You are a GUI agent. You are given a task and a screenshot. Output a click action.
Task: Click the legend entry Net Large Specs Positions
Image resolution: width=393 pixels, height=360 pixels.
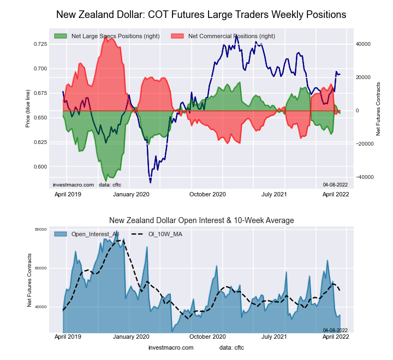coord(108,36)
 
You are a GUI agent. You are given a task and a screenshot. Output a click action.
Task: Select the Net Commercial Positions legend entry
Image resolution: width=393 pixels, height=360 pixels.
coord(231,36)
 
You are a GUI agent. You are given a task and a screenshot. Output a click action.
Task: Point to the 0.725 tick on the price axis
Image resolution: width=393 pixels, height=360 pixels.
coord(40,44)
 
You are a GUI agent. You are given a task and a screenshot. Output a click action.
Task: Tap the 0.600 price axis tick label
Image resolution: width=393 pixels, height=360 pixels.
coord(40,167)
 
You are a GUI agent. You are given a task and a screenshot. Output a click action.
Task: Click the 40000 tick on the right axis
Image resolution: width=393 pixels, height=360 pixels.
coord(364,44)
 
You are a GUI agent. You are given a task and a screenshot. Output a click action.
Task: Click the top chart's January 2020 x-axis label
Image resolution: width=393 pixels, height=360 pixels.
coord(131,194)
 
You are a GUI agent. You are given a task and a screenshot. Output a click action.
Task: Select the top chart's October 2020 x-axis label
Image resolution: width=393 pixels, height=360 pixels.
coord(207,194)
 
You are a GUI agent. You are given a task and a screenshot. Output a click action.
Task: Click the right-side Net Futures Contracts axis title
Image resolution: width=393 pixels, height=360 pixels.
coord(378,109)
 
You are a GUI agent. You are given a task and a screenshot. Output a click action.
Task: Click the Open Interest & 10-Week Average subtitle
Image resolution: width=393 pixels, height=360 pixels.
coord(201,220)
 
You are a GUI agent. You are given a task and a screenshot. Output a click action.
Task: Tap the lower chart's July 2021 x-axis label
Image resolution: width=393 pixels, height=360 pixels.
coord(273,338)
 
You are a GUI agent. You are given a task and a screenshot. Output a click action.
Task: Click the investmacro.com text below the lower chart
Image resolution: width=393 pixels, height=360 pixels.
coord(171,347)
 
